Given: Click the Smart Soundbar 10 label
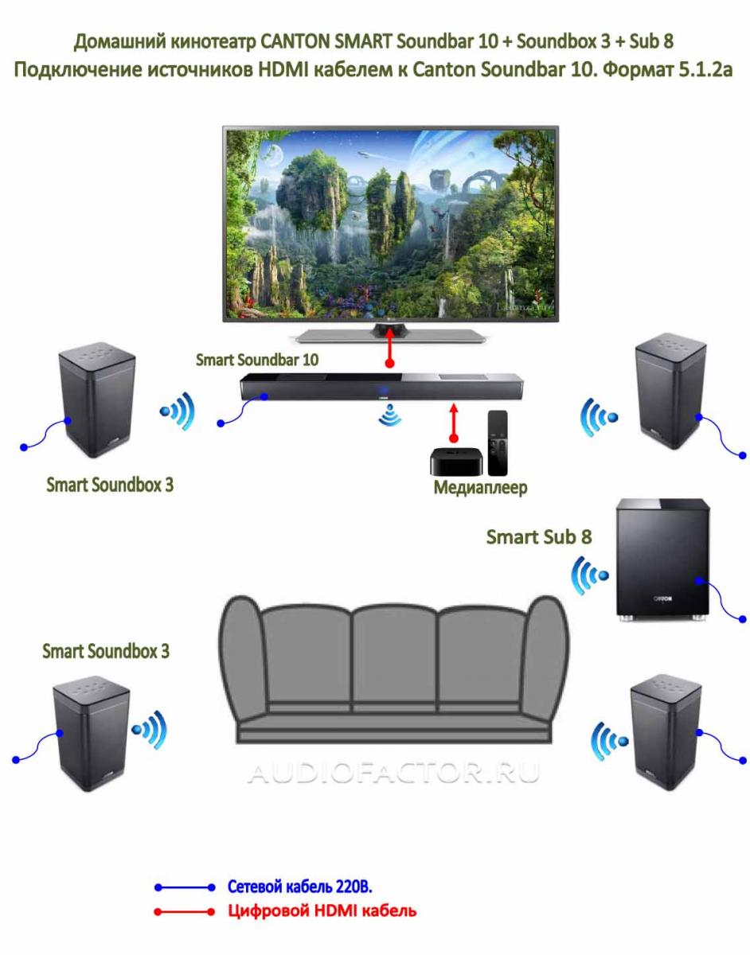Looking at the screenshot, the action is [257, 360].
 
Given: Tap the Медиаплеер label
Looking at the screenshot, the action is [481, 487].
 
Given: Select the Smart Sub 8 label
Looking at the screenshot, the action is [539, 536].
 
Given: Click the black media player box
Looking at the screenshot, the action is [456, 462].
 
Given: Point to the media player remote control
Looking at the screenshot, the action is [498, 443].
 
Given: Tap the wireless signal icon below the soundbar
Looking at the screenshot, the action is [390, 415].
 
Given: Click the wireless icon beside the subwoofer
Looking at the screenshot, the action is [589, 575].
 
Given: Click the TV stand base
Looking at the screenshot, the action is [391, 336].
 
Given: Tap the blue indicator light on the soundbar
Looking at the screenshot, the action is [382, 390].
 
